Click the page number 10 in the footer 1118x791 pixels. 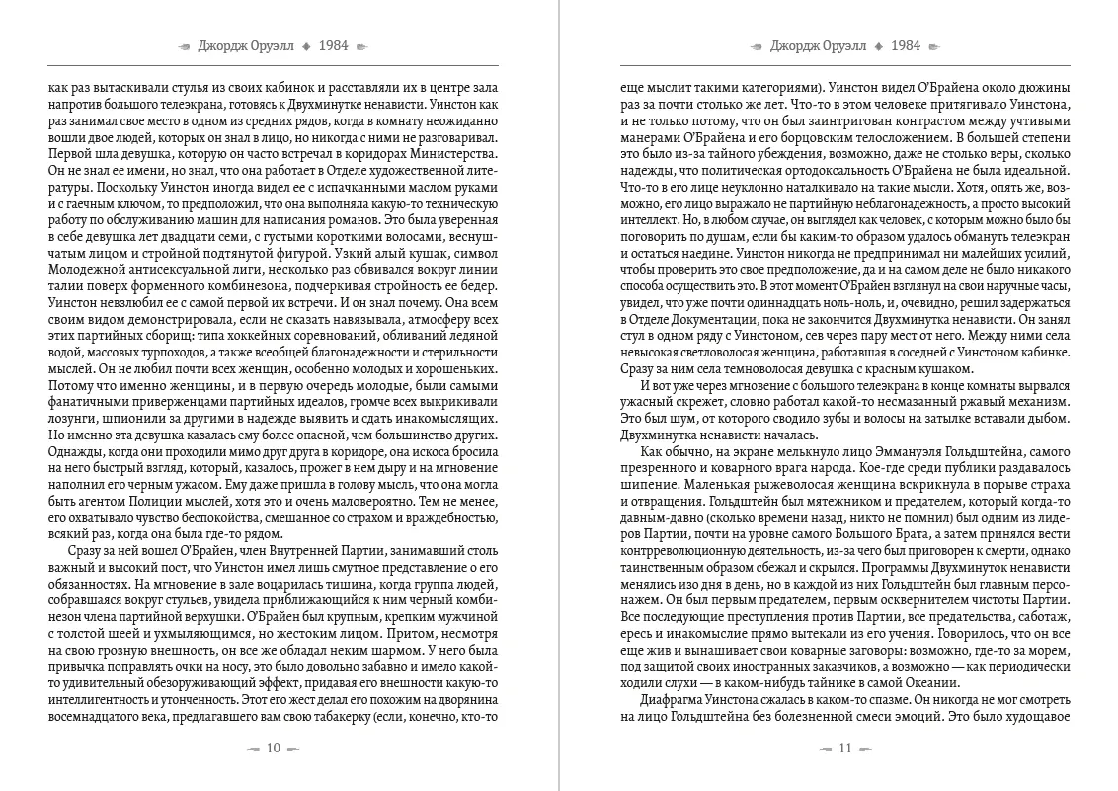click(x=275, y=748)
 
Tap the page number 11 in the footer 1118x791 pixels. click(x=844, y=748)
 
